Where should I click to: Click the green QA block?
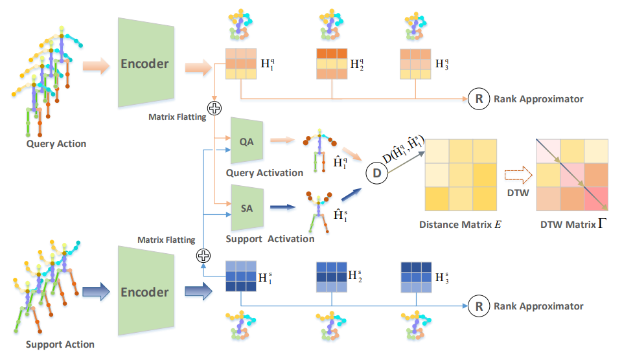[x=246, y=141]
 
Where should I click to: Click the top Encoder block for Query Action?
[x=144, y=63]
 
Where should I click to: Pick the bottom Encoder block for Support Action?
[x=144, y=292]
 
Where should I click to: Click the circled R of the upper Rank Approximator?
[x=478, y=99]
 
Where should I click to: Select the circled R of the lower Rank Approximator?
[x=478, y=306]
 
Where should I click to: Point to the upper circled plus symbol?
[x=214, y=108]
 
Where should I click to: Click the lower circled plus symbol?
[x=204, y=255]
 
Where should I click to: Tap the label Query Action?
[x=56, y=144]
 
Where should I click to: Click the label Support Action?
[x=60, y=344]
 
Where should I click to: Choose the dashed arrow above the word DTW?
[x=518, y=174]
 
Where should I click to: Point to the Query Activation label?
[x=264, y=173]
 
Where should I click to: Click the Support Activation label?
[x=270, y=239]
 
